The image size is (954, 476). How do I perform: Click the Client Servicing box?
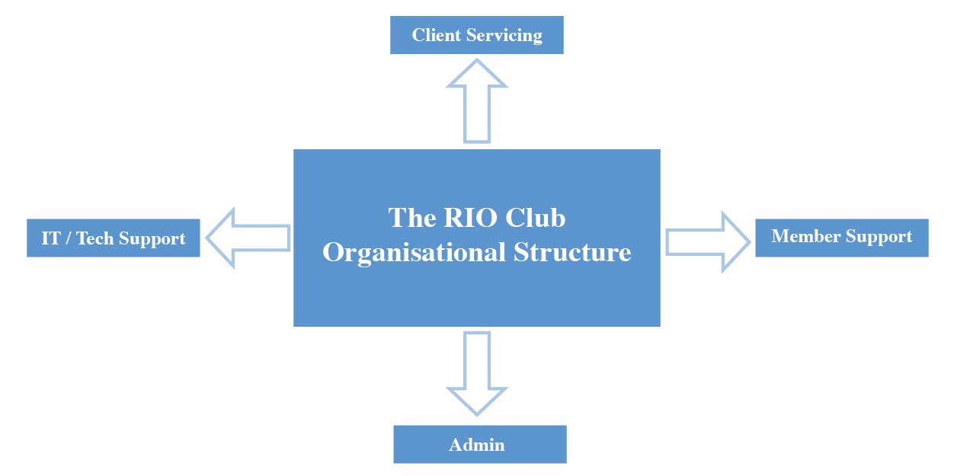tap(476, 35)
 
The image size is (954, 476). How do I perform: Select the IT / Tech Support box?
tap(113, 238)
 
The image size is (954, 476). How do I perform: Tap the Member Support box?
tap(841, 237)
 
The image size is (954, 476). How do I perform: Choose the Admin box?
tap(479, 444)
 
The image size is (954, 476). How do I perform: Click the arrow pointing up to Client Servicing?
tap(476, 99)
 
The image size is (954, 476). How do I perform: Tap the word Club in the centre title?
tap(539, 218)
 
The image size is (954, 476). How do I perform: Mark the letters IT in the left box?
tap(50, 238)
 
